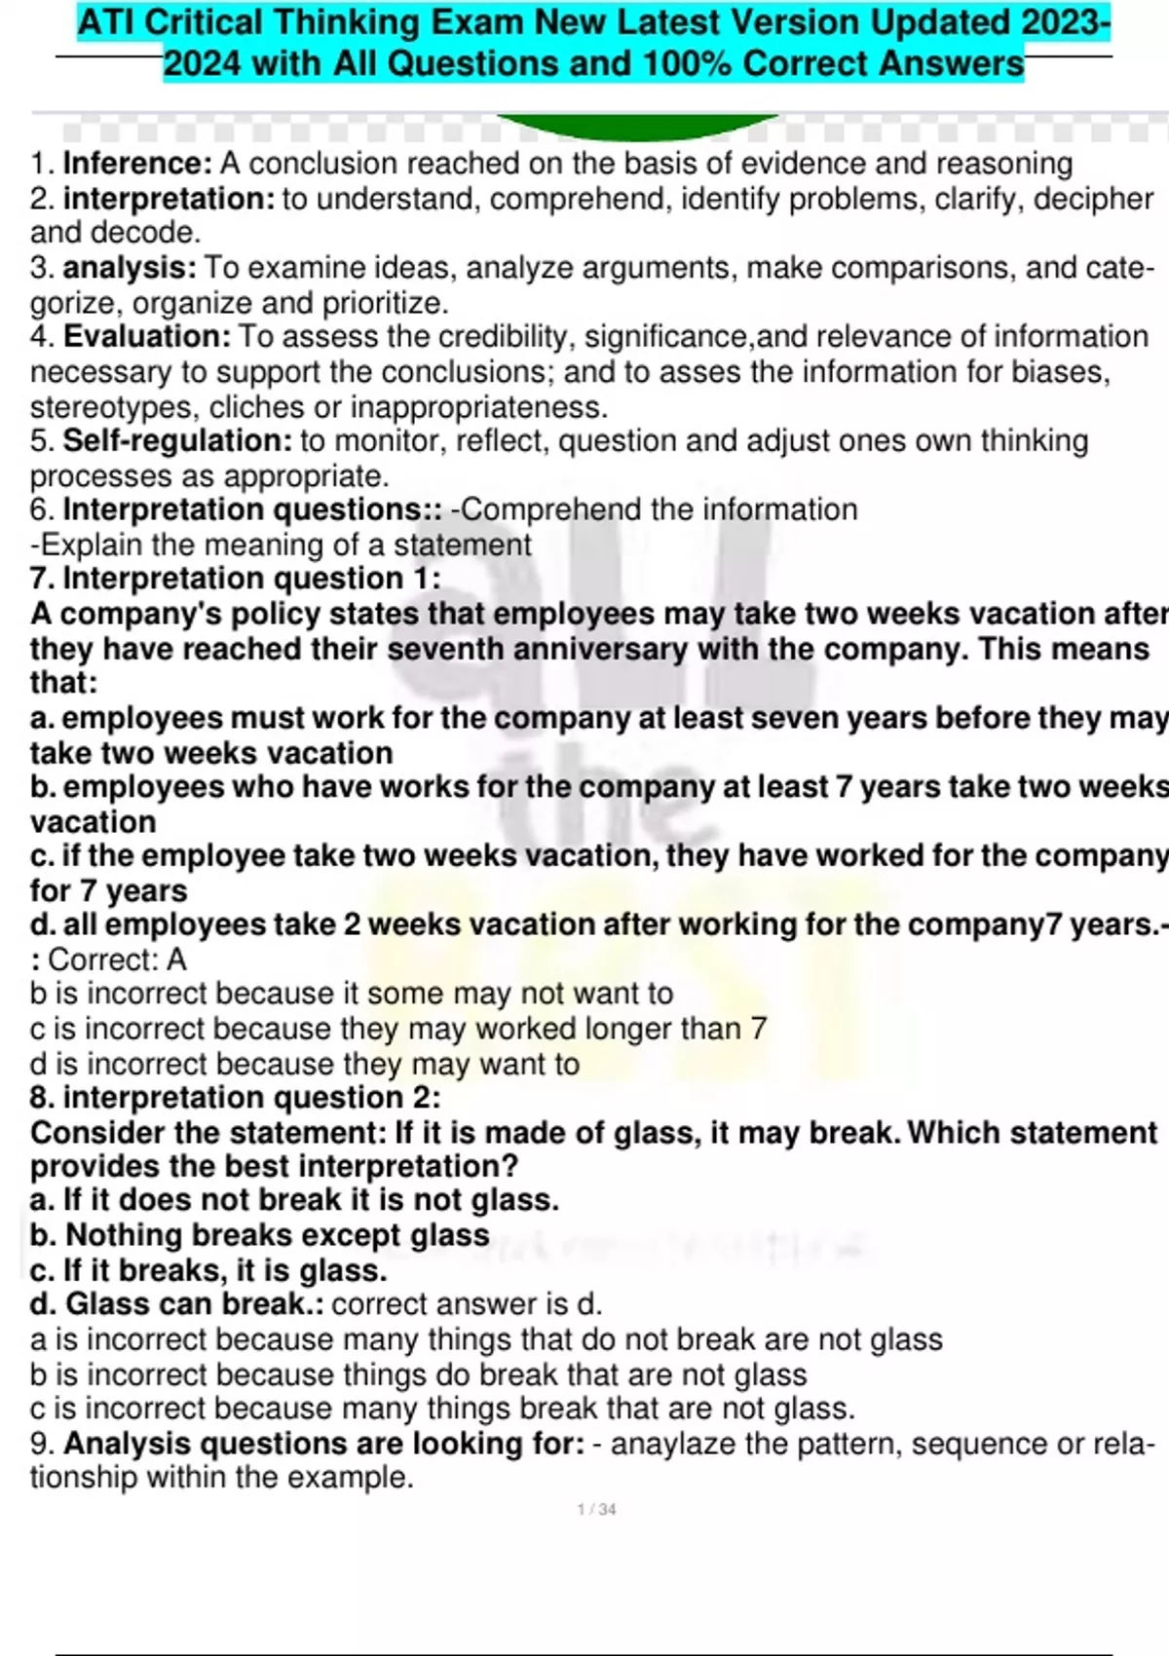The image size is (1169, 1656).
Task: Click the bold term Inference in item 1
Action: pyautogui.click(x=137, y=164)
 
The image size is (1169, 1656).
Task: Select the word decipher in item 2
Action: pyautogui.click(x=1093, y=199)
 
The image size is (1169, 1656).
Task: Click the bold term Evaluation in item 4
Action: pyautogui.click(x=147, y=337)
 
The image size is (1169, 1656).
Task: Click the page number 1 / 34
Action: pyautogui.click(x=596, y=1509)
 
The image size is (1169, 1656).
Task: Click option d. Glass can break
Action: pyautogui.click(x=175, y=1304)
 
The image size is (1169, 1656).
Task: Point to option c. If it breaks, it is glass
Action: pyautogui.click(x=208, y=1270)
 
